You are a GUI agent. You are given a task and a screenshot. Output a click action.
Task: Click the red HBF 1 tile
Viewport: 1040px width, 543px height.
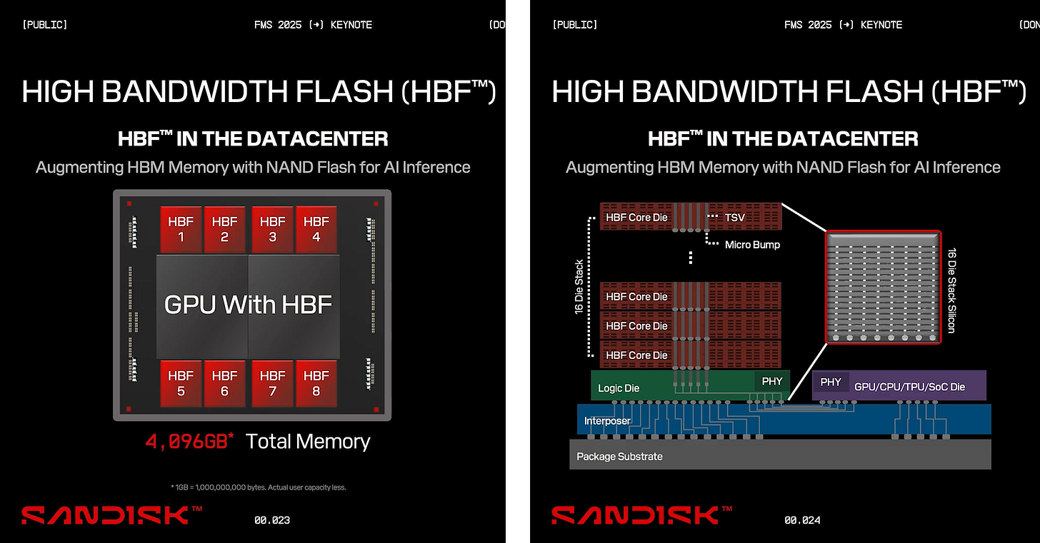click(x=181, y=229)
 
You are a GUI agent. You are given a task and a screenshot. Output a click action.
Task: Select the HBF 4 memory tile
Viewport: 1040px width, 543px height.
click(x=316, y=229)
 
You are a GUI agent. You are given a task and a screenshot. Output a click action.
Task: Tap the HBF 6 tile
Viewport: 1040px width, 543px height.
click(x=224, y=383)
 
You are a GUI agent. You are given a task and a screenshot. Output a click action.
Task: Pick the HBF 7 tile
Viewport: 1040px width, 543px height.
click(x=273, y=383)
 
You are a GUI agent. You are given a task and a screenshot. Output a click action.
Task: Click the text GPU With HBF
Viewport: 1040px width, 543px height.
click(x=249, y=305)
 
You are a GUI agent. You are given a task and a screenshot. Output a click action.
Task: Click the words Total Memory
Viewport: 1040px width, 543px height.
click(x=308, y=442)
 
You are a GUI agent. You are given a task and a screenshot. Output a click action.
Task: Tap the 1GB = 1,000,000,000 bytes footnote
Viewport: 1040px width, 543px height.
click(x=259, y=487)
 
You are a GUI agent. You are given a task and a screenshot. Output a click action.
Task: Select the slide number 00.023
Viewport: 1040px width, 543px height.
click(x=272, y=520)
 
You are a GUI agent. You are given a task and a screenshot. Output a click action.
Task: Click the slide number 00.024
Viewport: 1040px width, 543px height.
click(x=802, y=520)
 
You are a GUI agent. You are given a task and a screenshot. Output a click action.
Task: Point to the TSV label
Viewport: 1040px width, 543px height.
click(x=735, y=217)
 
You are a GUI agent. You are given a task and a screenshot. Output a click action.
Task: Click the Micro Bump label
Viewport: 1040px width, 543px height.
click(x=752, y=245)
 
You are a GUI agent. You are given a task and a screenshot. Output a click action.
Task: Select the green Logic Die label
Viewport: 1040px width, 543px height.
click(x=619, y=388)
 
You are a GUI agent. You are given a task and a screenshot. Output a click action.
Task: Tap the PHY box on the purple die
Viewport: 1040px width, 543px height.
click(x=831, y=382)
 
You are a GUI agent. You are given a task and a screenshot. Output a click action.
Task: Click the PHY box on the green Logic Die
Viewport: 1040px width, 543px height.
click(x=772, y=382)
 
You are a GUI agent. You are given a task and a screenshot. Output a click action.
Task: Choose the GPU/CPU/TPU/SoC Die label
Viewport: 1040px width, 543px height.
click(x=909, y=387)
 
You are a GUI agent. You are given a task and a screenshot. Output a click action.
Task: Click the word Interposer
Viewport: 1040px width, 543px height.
click(x=607, y=421)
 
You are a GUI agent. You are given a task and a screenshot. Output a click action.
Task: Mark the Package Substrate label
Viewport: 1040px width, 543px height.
click(x=619, y=457)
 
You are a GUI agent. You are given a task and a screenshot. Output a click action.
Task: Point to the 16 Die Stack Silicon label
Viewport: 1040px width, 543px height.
click(x=951, y=290)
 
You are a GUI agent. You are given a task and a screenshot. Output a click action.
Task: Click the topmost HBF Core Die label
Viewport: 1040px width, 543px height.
click(x=636, y=217)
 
